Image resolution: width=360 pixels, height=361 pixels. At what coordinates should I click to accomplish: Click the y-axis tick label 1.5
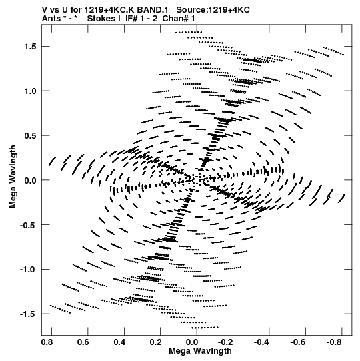click(31, 47)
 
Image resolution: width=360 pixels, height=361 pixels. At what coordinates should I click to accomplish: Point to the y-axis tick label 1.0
click(31, 91)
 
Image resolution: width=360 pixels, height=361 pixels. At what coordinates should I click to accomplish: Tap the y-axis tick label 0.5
click(31, 135)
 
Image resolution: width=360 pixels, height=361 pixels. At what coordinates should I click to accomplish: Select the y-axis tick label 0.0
click(31, 180)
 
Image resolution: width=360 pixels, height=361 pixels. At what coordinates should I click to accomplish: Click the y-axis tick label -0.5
click(29, 225)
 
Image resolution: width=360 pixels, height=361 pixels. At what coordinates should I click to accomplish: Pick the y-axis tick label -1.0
click(29, 270)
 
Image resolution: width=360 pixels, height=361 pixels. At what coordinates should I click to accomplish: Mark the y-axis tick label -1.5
click(29, 314)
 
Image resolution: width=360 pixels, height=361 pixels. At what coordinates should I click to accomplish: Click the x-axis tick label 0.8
click(47, 342)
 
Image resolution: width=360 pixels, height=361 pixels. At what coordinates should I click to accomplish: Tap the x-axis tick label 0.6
click(83, 342)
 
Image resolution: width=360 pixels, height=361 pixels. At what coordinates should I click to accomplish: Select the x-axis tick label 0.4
click(119, 342)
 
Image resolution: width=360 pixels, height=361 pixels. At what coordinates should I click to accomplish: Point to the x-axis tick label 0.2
click(156, 342)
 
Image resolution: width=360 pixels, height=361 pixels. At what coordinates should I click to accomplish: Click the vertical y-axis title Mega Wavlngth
click(13, 177)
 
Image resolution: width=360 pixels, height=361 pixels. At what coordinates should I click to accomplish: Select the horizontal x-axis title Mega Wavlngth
click(200, 351)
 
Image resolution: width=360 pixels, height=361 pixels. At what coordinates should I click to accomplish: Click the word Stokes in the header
click(104, 19)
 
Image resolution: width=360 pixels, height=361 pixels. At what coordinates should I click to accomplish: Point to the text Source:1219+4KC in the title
click(213, 10)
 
